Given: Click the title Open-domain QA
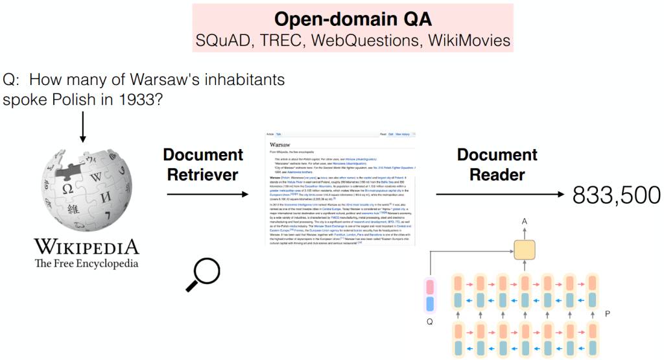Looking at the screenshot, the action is coord(353,18).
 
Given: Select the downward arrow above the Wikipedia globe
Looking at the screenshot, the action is coord(82,126).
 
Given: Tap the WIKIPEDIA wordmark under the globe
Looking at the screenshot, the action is coord(86,247).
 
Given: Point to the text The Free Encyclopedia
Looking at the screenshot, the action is coord(86,263).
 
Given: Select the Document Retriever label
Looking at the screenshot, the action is coord(203,165).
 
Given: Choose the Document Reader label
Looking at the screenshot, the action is coord(497,165).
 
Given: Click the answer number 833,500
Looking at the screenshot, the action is coord(615,194).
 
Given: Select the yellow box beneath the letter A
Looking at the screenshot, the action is coord(524,249).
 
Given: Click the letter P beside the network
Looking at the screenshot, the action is coord(607,313).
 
